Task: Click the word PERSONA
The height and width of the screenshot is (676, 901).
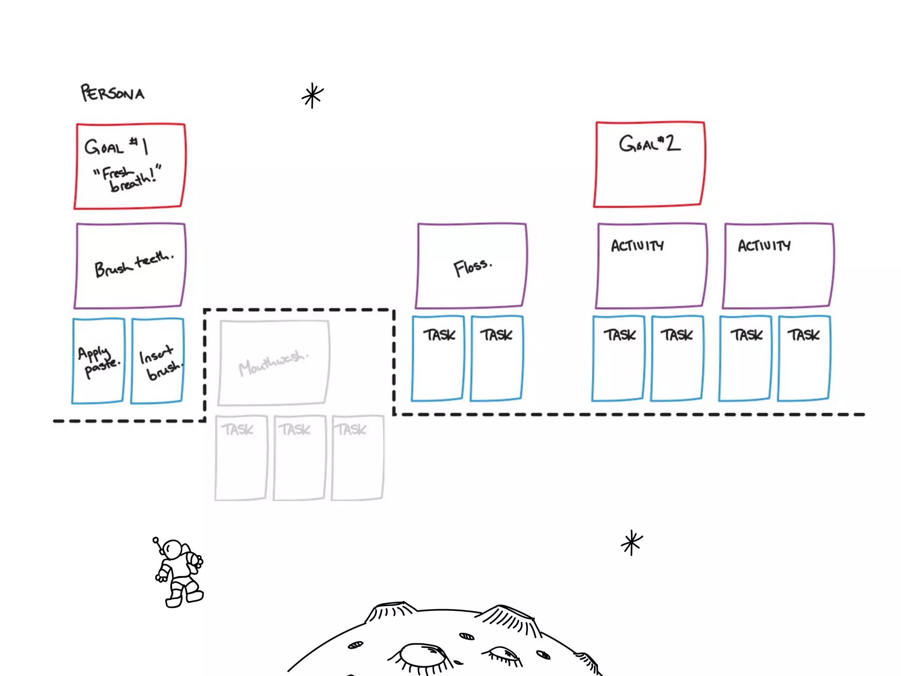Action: pyautogui.click(x=112, y=93)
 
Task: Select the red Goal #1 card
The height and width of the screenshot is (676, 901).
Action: pyautogui.click(x=130, y=166)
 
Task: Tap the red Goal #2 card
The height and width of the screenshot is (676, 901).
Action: pyautogui.click(x=649, y=164)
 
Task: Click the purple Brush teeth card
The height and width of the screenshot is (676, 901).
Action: pyautogui.click(x=130, y=265)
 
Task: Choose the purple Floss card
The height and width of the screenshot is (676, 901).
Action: pyautogui.click(x=471, y=265)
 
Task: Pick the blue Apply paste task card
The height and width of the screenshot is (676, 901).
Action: pyautogui.click(x=98, y=360)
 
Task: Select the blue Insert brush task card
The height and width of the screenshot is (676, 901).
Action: pyautogui.click(x=157, y=360)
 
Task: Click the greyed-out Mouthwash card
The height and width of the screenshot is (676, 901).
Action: pyautogui.click(x=273, y=363)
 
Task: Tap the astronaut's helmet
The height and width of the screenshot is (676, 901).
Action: pyautogui.click(x=172, y=549)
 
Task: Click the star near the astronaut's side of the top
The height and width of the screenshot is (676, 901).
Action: pyautogui.click(x=312, y=96)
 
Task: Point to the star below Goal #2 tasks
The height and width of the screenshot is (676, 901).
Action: pyautogui.click(x=632, y=543)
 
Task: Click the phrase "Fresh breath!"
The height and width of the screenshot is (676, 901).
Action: pyautogui.click(x=128, y=177)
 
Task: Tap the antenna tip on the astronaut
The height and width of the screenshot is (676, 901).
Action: pyautogui.click(x=155, y=539)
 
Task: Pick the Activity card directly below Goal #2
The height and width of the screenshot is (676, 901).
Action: pyautogui.click(x=651, y=265)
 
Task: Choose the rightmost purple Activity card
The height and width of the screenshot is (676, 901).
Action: pyautogui.click(x=778, y=265)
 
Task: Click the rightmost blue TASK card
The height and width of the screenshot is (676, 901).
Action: pyautogui.click(x=804, y=358)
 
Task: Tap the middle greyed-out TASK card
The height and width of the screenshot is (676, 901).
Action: pyautogui.click(x=299, y=457)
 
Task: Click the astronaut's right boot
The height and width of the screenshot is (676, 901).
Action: pyautogui.click(x=194, y=595)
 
